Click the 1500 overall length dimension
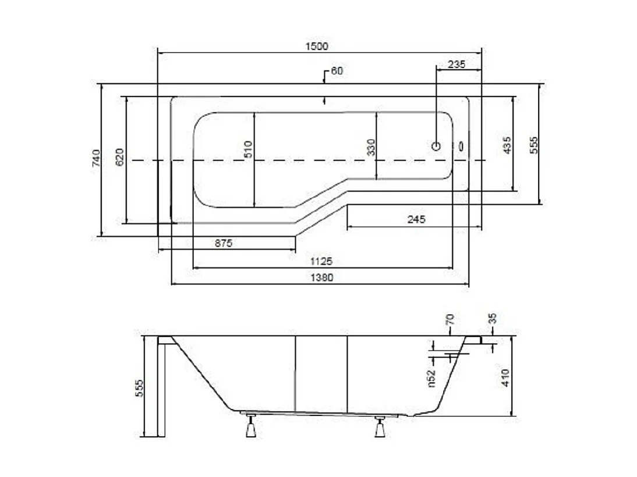(317, 47)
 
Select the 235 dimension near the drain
(456, 64)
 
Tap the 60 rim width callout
(337, 70)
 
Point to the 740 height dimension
(96, 158)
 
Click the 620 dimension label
(120, 157)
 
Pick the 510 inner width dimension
(248, 149)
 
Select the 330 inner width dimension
(371, 147)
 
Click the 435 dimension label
(507, 145)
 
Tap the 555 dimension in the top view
(534, 145)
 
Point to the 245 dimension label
(416, 219)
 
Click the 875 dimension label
(224, 243)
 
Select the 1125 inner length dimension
(321, 261)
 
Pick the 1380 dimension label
(321, 277)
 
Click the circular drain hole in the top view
(436, 146)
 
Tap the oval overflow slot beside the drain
(461, 146)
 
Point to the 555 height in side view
(139, 388)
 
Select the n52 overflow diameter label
(431, 378)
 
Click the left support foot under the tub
(251, 426)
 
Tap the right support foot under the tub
(380, 427)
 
